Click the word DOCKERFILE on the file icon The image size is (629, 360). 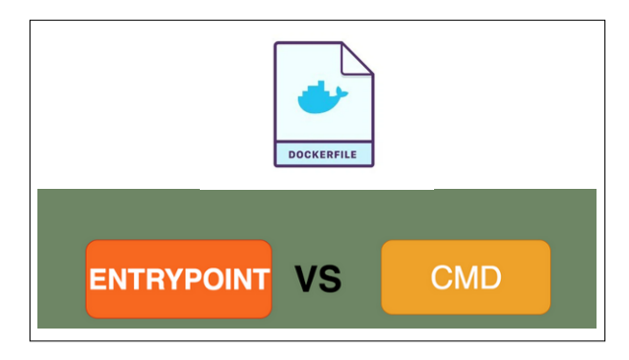pyautogui.click(x=323, y=154)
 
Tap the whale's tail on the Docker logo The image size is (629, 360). pyautogui.click(x=343, y=91)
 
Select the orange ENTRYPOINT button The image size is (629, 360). pyautogui.click(x=178, y=278)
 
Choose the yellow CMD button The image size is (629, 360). pyautogui.click(x=466, y=277)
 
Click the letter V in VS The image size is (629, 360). pyautogui.click(x=306, y=280)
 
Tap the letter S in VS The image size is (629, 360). pyautogui.click(x=330, y=280)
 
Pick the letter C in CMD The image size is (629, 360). pyautogui.click(x=441, y=277)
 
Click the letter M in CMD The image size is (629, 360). pyautogui.click(x=465, y=277)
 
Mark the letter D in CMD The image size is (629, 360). pyautogui.click(x=489, y=277)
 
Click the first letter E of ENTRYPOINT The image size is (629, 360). pyautogui.click(x=97, y=279)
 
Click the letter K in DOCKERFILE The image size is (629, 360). pyautogui.click(x=315, y=154)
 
